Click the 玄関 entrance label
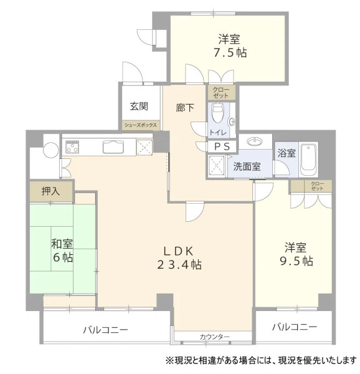coord(139,106)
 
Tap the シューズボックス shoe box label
coord(141,125)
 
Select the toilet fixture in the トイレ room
coord(217,113)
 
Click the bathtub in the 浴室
coord(308,160)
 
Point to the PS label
coord(222,146)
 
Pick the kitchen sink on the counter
coord(113,146)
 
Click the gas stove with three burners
coord(72,146)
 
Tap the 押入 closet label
coord(50,191)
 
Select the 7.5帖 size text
coord(230,53)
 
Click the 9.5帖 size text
coord(296,261)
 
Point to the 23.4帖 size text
coord(179,264)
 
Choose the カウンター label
coord(215,337)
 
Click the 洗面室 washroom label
coord(247,166)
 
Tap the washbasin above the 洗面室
coord(255,141)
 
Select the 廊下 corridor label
coord(185,108)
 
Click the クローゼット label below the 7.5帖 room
coord(221,93)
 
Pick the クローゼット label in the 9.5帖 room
coord(318,186)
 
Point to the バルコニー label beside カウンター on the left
coord(105,330)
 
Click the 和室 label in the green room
coord(62,244)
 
